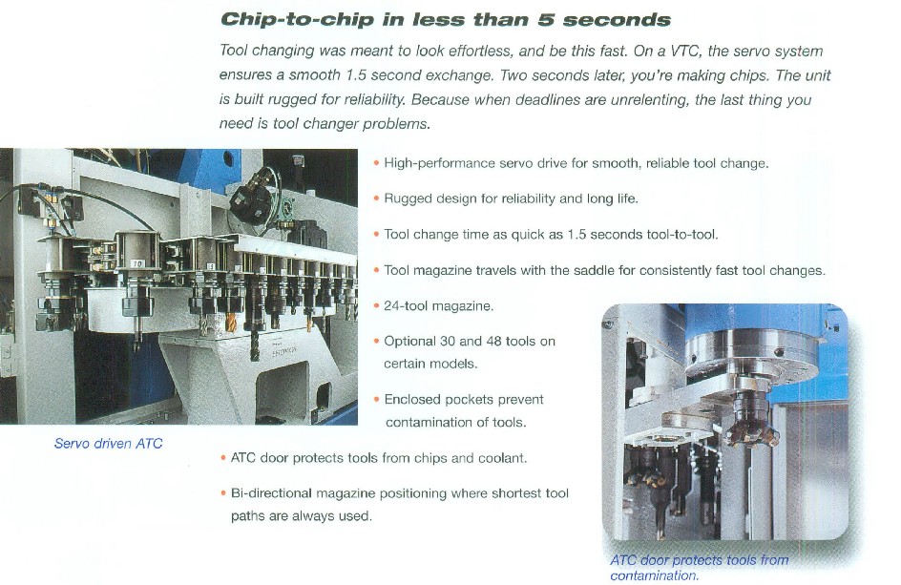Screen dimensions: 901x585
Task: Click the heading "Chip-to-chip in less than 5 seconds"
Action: [x=446, y=19]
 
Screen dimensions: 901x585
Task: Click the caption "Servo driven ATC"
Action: [x=108, y=444]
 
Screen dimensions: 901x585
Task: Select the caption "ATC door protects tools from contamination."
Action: [x=700, y=567]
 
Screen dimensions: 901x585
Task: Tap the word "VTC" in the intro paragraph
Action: [x=684, y=52]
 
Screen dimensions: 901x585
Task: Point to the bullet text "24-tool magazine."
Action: [x=438, y=305]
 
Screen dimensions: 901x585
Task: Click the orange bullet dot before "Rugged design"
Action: [x=376, y=198]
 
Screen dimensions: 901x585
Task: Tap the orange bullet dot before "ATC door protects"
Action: [x=223, y=458]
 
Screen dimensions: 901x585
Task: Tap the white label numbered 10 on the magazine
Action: [x=137, y=263]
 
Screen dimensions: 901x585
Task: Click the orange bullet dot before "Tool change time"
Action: [x=376, y=235]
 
